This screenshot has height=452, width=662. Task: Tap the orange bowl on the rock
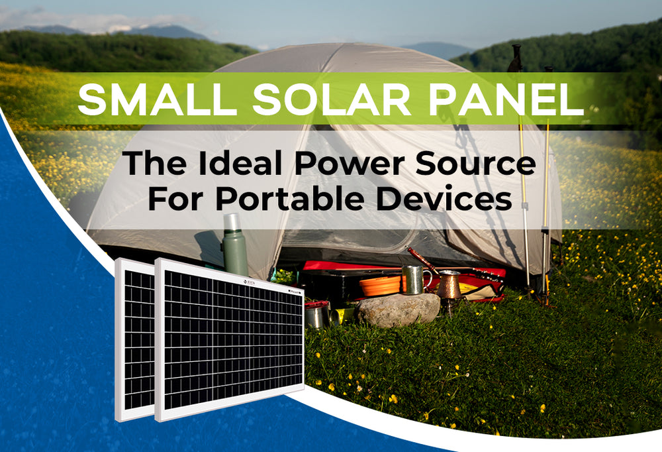pyautogui.click(x=381, y=285)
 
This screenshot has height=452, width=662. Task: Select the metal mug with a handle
pyautogui.click(x=414, y=279)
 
